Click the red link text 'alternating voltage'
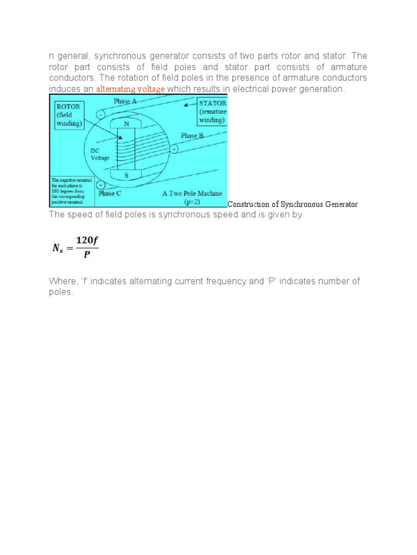tap(130, 89)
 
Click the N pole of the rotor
tap(127, 124)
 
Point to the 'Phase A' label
tap(125, 101)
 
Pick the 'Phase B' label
tap(192, 135)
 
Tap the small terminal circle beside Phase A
tap(100, 114)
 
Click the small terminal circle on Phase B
tap(174, 149)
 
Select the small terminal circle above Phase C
tap(100, 185)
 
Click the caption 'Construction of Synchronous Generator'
tap(293, 204)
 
